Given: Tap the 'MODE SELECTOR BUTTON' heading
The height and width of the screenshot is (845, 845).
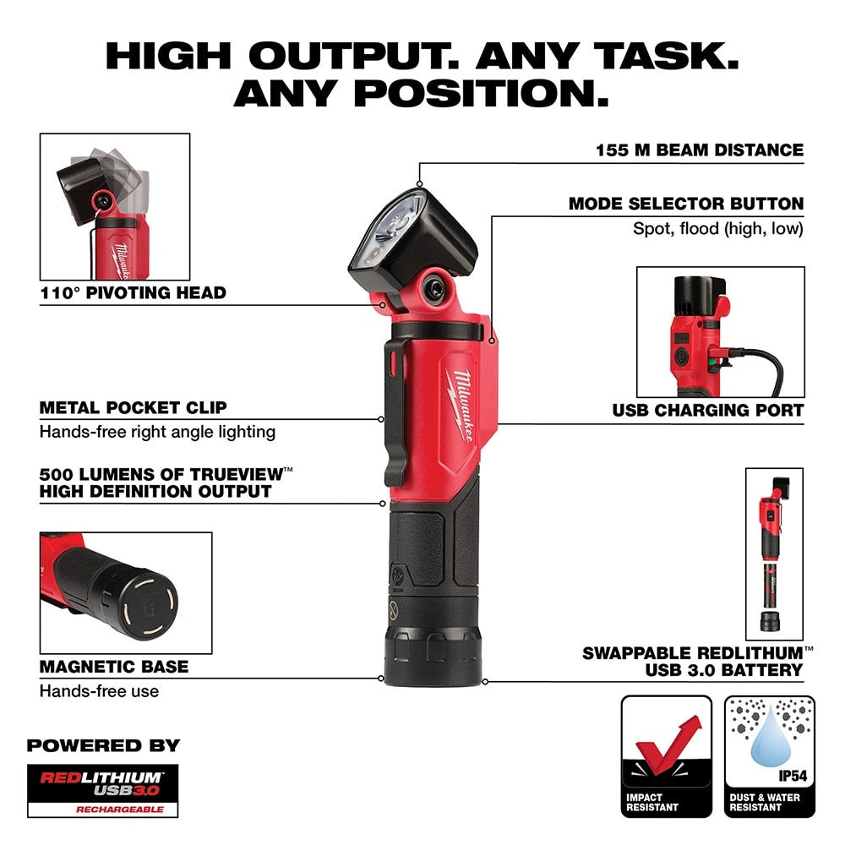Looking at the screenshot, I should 685,204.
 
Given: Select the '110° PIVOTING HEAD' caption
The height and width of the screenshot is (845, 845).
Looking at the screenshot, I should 133,293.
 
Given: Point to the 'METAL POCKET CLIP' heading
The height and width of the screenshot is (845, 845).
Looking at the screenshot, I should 133,407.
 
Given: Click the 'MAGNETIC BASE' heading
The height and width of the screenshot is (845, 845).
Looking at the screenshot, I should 113,667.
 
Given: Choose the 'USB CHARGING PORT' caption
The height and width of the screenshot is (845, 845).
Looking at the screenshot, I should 707,411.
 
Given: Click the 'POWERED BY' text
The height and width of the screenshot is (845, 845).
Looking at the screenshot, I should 103,745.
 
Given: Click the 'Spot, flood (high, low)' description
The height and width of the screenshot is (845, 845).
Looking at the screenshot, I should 718,229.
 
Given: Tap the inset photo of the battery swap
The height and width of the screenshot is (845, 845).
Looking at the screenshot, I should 774,553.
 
